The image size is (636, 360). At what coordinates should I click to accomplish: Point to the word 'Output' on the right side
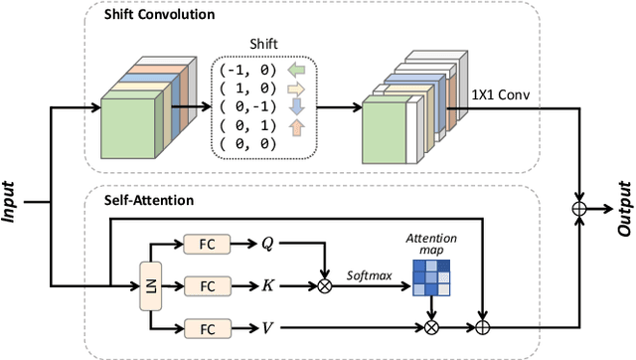click(624, 207)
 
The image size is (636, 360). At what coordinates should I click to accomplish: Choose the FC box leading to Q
click(208, 243)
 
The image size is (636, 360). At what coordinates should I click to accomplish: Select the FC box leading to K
click(208, 286)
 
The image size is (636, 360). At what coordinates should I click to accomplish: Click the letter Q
click(267, 243)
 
